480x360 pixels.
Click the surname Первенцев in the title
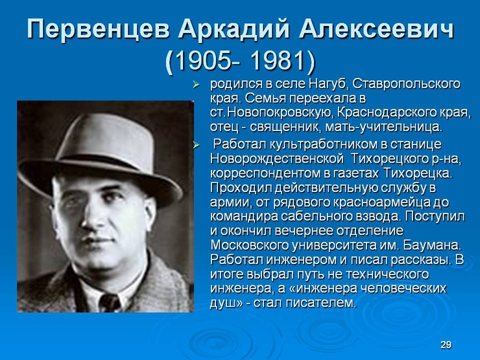pyautogui.click(x=99, y=29)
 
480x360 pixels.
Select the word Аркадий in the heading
pyautogui.click(x=234, y=29)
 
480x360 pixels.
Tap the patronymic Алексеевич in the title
pyautogui.click(x=376, y=29)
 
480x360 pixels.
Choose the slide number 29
pyautogui.click(x=446, y=344)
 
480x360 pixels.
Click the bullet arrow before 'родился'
pyautogui.click(x=196, y=84)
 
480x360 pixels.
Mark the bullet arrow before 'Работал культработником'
pyautogui.click(x=196, y=145)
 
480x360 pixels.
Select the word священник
pyautogui.click(x=285, y=127)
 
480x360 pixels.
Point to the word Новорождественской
pyautogui.click(x=277, y=159)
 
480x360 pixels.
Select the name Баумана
pyautogui.click(x=432, y=245)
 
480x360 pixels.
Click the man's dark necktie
pyautogui.click(x=109, y=302)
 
